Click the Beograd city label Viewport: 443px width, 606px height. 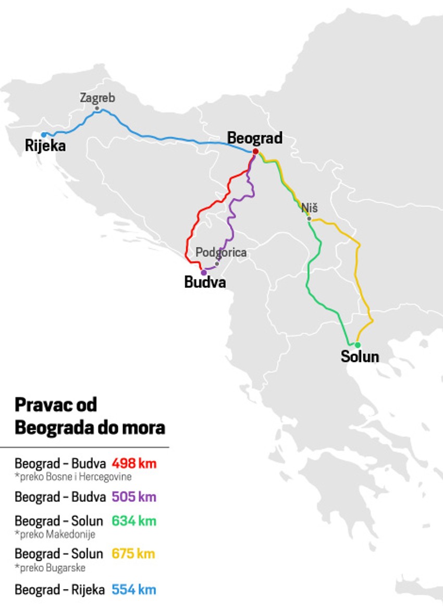[x=255, y=138]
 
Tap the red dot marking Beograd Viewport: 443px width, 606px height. [x=255, y=151]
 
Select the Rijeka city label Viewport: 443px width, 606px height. [x=45, y=146]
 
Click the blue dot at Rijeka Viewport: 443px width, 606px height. [x=44, y=135]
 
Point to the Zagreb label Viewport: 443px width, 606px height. [x=97, y=98]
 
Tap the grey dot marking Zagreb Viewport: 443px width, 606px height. [x=97, y=108]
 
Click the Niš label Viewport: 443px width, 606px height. [x=310, y=208]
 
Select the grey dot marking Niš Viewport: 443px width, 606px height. [x=309, y=219]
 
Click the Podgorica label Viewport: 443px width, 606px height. [x=221, y=252]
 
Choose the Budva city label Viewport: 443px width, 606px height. [x=205, y=282]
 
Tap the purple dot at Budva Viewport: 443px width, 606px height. [x=203, y=272]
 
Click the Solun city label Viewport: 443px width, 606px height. [x=360, y=357]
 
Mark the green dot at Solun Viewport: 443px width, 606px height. [x=358, y=345]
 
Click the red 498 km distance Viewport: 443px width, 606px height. [x=134, y=463]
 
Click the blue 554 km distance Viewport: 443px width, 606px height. [x=133, y=590]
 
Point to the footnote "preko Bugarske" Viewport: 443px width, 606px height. [x=50, y=567]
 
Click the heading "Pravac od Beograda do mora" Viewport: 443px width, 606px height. [x=90, y=416]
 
